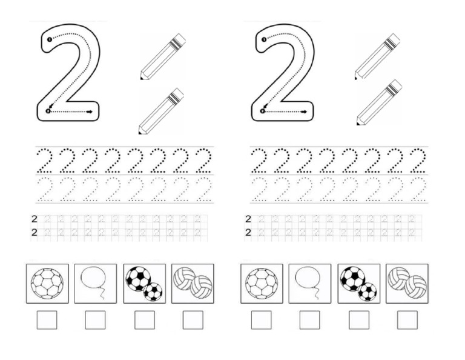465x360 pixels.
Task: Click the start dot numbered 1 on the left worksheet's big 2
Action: point(49,39)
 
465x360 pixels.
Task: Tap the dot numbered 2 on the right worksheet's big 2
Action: point(262,112)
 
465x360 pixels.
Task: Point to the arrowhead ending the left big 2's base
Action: point(89,112)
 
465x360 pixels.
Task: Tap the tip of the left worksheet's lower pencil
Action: point(140,132)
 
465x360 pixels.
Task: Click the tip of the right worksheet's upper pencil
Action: point(356,78)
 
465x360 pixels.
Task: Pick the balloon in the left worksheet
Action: point(94,278)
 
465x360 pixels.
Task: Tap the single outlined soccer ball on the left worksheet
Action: point(47,284)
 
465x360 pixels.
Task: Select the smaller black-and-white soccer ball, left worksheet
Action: point(153,292)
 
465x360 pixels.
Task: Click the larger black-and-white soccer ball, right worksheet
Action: point(352,279)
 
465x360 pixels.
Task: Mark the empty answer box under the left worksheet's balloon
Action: point(95,320)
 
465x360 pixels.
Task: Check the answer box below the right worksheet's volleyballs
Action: point(407,320)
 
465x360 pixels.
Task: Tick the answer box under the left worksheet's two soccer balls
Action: point(145,320)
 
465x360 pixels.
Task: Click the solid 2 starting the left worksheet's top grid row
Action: point(35,219)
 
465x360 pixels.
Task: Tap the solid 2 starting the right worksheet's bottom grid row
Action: point(248,232)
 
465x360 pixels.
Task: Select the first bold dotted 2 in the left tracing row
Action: point(44,161)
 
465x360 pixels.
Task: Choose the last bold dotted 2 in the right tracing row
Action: point(418,161)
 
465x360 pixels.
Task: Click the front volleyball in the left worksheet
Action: point(202,287)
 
